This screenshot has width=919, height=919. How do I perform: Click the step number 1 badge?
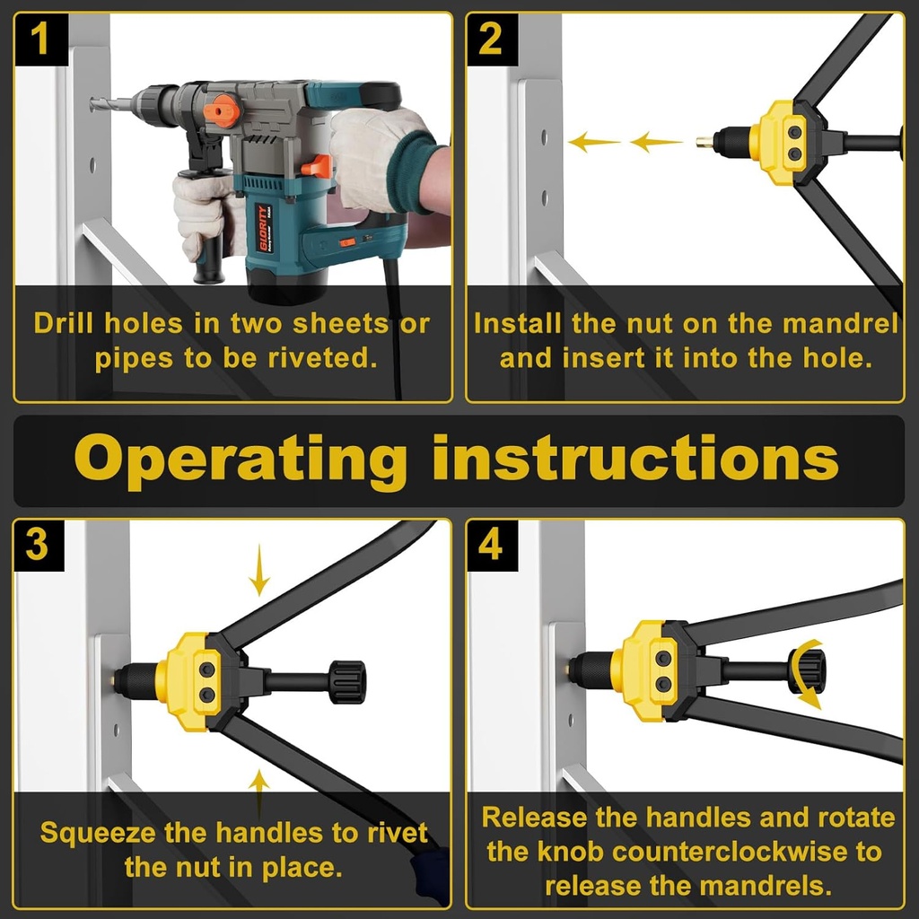pos(40,40)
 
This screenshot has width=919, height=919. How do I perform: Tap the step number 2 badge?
pos(491,40)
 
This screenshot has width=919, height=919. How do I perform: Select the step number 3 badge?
pos(38,545)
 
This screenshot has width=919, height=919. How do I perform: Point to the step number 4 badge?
pos(490,545)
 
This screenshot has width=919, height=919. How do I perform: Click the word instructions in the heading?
pos(635,459)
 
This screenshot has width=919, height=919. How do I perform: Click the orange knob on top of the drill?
pos(222,110)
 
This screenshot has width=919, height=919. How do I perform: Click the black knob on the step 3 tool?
pos(346,682)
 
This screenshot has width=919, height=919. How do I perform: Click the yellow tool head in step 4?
pos(643,669)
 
